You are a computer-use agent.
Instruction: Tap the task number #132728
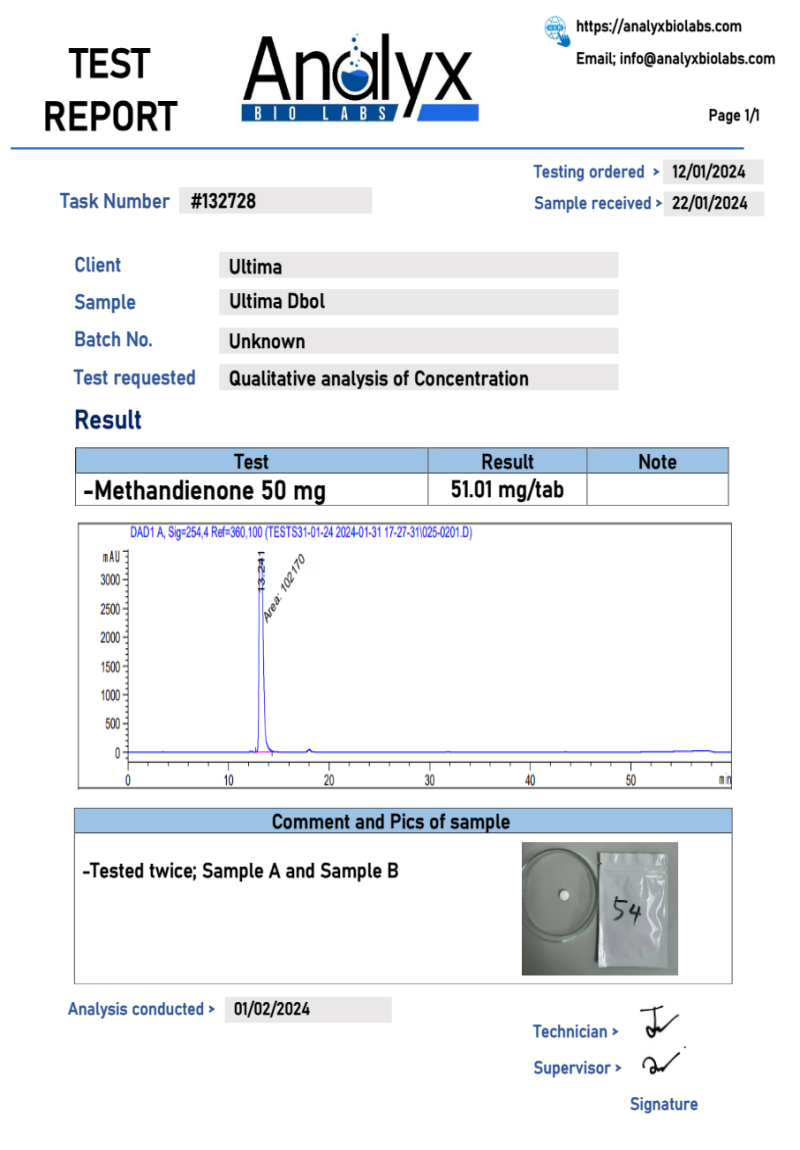coord(223,201)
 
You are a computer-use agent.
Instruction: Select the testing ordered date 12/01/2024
coord(709,172)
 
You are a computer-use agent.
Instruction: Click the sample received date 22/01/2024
coord(709,203)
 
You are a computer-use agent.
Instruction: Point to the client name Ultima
coord(255,267)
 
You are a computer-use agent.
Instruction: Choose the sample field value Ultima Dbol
coord(276,302)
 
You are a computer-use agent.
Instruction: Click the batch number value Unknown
coord(266,341)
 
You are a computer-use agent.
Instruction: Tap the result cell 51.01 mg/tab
coord(507,490)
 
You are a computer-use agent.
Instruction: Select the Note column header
coord(657,462)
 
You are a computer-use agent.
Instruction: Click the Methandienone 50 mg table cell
coord(205,491)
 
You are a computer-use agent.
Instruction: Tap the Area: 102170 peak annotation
coord(284,590)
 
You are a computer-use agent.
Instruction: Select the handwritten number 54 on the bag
coord(627,911)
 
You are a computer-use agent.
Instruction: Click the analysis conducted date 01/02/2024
coord(272,1009)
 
